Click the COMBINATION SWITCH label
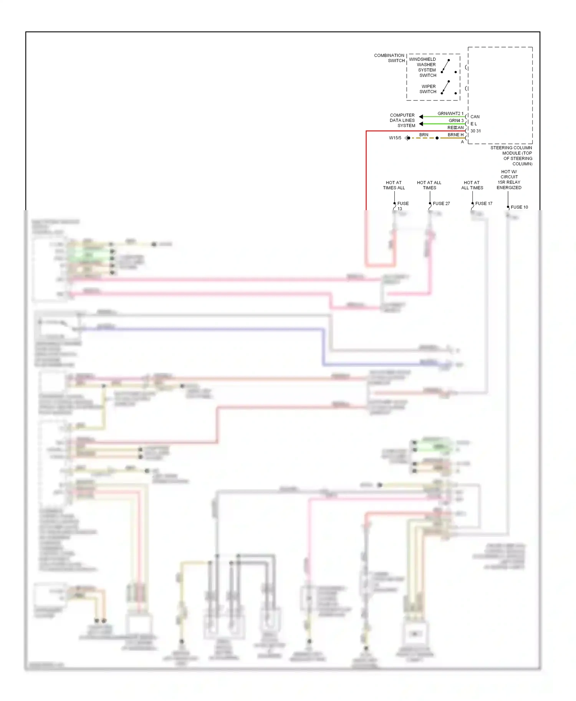(389, 58)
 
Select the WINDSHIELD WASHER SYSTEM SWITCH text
(423, 67)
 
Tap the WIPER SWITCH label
(428, 89)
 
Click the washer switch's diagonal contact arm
(445, 66)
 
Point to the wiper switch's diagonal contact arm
(445, 87)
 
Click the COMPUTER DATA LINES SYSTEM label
(402, 120)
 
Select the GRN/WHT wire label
(449, 114)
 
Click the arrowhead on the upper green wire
(421, 117)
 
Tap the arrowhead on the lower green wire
(421, 124)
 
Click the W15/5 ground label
(395, 138)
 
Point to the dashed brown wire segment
(423, 138)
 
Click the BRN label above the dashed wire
(424, 135)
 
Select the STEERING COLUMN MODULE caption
(511, 156)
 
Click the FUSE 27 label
(441, 204)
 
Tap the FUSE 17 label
(483, 204)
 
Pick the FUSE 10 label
(519, 207)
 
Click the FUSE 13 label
(402, 206)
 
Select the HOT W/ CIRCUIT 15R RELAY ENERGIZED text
(509, 180)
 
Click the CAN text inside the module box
(475, 117)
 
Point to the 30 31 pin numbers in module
(475, 131)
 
